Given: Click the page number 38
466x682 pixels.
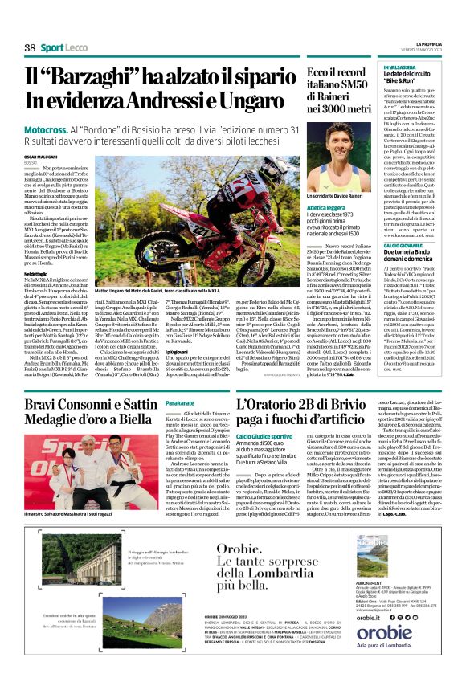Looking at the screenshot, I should pos(30,47).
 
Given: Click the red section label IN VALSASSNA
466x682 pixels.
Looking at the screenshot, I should pos(395,69).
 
